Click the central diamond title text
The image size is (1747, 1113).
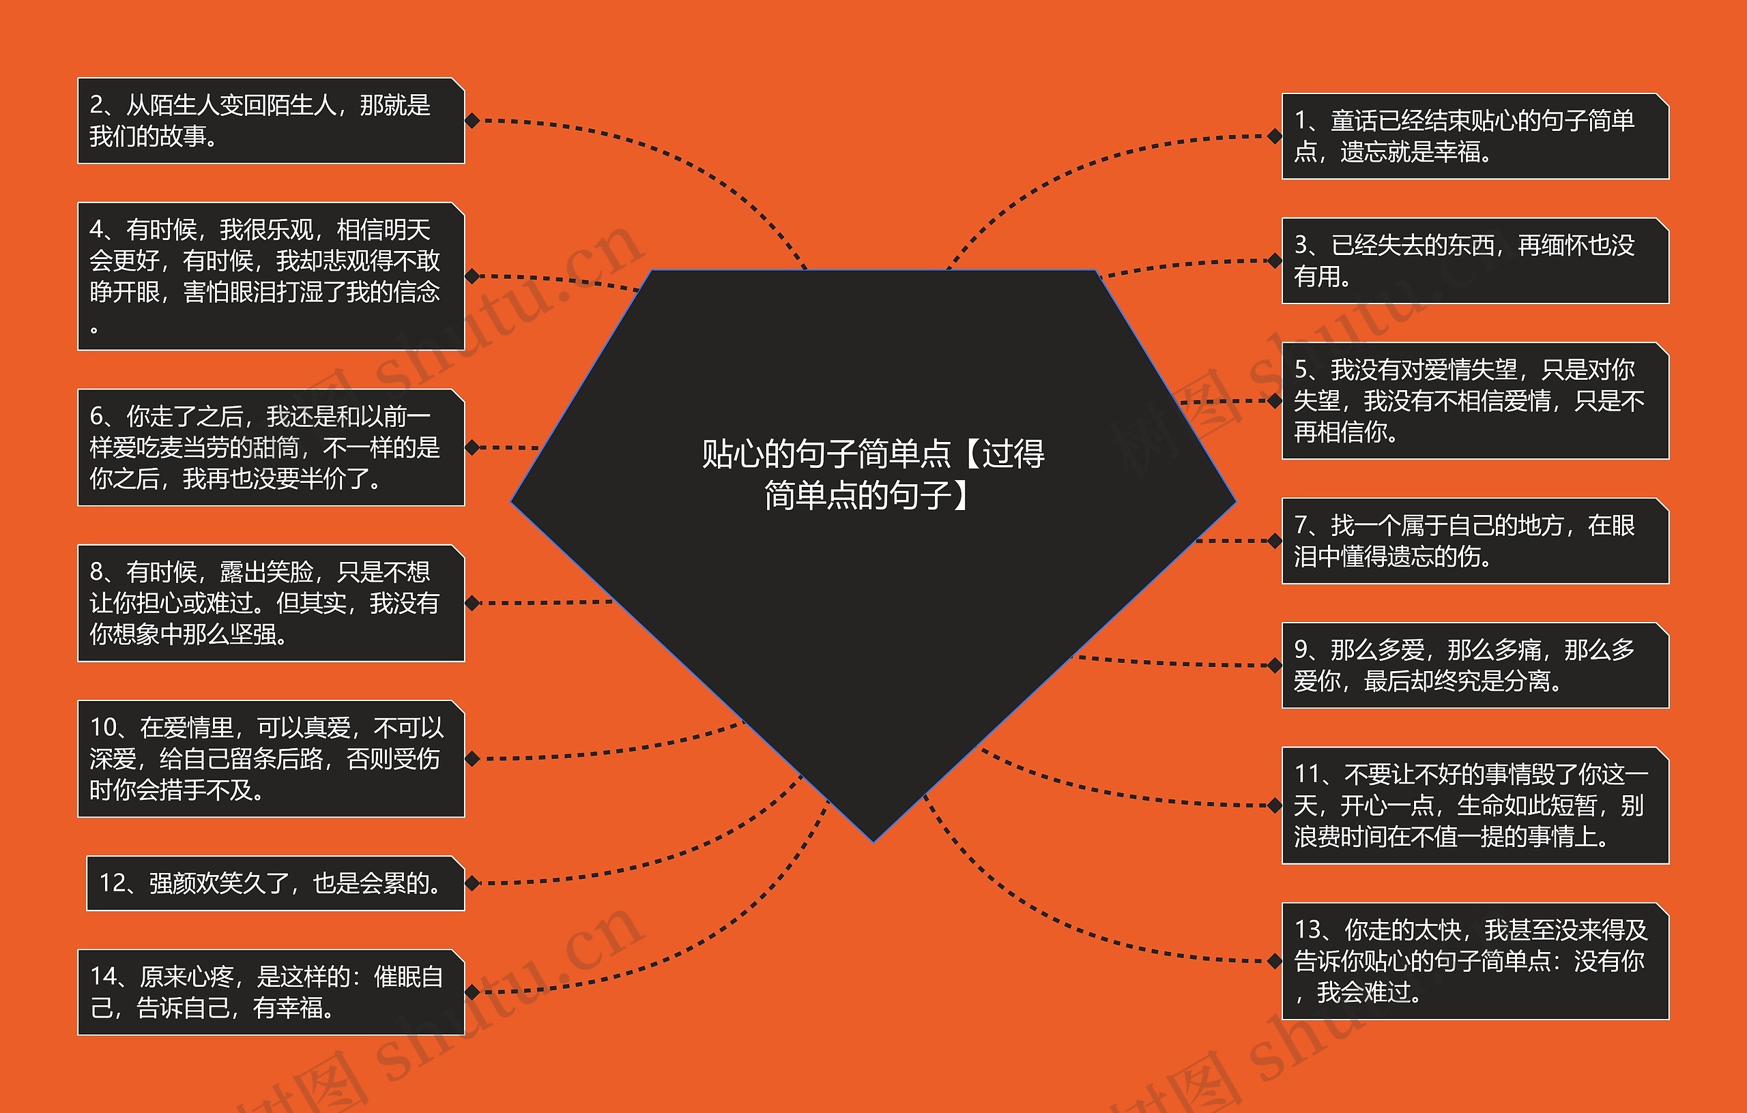coord(873,474)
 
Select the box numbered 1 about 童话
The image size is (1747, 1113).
coord(1475,136)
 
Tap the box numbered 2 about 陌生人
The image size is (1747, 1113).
coord(271,120)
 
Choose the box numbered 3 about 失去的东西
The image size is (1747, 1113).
coord(1475,261)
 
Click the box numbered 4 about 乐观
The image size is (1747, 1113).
coord(271,276)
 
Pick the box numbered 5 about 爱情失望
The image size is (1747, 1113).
coord(1475,400)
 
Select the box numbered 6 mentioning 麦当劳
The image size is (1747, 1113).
coord(271,447)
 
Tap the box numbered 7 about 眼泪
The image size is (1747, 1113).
coord(1475,540)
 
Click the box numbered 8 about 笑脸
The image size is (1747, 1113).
coord(271,603)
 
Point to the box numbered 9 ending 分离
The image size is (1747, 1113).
coord(1475,665)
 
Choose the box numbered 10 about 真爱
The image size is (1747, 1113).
coord(271,758)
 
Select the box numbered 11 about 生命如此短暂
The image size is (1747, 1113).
coord(1475,805)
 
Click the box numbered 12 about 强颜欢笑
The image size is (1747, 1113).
coord(275,883)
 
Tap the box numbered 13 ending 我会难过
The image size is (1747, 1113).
coord(1475,961)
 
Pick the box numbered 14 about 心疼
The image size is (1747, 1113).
coord(271,992)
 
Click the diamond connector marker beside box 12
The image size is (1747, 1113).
coord(472,883)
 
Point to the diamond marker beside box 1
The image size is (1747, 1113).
coord(1274,136)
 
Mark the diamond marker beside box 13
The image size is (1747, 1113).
coord(1274,961)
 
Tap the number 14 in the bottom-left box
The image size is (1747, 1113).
coord(102,977)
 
